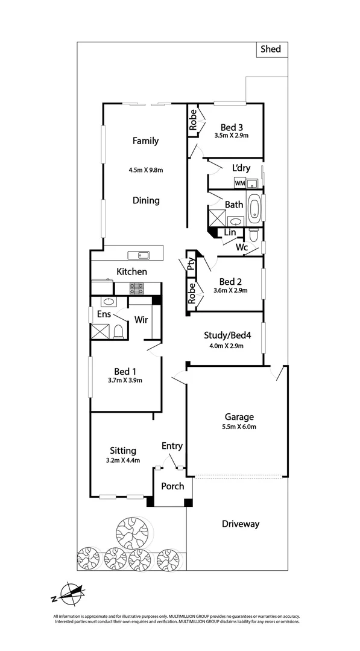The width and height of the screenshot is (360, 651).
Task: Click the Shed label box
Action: [x=270, y=49]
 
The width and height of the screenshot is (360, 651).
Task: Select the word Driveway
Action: [x=239, y=524]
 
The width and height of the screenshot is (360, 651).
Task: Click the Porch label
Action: [x=172, y=486]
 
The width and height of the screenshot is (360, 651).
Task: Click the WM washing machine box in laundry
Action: [x=239, y=183]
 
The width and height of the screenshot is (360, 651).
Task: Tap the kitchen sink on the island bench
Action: [x=143, y=255]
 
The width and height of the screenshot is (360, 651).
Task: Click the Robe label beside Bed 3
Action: [x=193, y=120]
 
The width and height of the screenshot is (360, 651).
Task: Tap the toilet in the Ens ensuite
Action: [x=119, y=331]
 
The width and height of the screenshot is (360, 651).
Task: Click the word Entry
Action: [x=172, y=446]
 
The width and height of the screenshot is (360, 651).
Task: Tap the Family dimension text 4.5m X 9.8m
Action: [x=146, y=170]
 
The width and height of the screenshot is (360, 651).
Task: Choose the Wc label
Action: [x=242, y=247]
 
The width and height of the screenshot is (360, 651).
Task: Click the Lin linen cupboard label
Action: [x=230, y=232]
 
